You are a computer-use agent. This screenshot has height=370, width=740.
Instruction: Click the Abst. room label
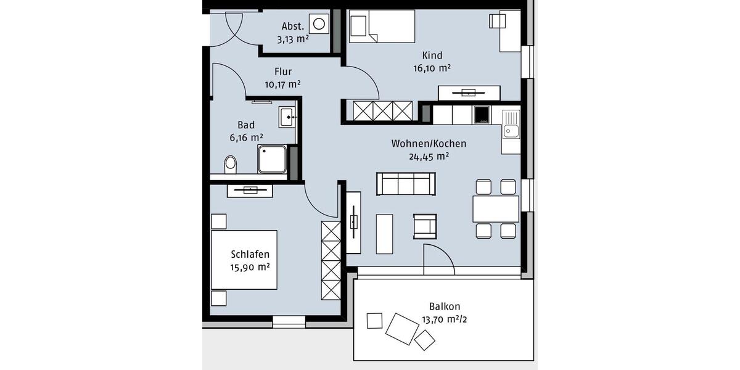292,26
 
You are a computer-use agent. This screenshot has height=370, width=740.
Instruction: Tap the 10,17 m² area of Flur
283,84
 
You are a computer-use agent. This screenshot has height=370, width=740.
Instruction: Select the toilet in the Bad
230,164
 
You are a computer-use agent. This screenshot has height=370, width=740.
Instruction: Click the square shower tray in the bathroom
272,159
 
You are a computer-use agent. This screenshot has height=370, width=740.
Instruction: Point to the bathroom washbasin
287,116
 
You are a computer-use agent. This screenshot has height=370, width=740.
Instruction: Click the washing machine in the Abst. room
319,25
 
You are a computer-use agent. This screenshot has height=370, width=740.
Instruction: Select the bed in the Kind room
381,27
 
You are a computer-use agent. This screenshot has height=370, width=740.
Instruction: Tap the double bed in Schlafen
244,260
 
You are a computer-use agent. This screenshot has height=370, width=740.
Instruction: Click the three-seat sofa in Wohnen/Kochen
406,184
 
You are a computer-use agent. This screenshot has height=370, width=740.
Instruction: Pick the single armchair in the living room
425,226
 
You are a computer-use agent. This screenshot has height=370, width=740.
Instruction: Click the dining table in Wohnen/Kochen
496,208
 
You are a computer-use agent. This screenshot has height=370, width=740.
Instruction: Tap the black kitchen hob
481,115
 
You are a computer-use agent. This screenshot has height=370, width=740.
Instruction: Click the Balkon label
445,306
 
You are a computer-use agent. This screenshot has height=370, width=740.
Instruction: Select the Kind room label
432,55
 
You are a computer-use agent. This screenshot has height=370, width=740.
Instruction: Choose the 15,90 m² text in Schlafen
250,267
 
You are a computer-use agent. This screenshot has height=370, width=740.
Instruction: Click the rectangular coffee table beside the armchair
384,233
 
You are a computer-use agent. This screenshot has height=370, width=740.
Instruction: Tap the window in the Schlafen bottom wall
289,321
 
